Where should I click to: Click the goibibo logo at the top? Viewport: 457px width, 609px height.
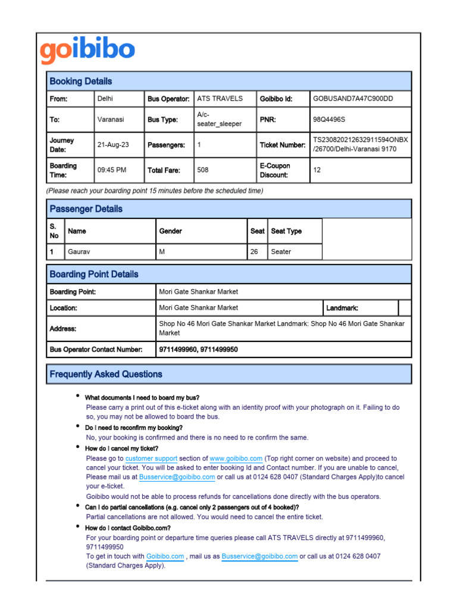[x=87, y=51]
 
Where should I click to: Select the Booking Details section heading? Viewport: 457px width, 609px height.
[x=80, y=81]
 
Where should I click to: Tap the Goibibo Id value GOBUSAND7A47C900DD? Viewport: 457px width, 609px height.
[x=353, y=99]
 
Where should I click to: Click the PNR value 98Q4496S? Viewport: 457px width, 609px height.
[x=328, y=120]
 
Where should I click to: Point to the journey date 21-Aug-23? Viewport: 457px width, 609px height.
[x=112, y=145]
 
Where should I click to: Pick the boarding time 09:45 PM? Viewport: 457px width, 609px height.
[x=112, y=170]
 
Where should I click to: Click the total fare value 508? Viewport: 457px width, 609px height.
[x=203, y=170]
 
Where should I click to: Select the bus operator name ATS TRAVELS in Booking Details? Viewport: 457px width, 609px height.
[x=220, y=99]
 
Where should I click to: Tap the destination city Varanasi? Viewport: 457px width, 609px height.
[x=111, y=120]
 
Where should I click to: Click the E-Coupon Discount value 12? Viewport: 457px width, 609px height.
[x=317, y=170]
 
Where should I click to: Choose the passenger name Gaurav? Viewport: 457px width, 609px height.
[x=80, y=252]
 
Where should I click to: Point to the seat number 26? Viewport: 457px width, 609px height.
[x=254, y=252]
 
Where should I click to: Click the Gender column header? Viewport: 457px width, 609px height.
[x=171, y=231]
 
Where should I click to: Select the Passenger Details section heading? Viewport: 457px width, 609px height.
[x=86, y=209]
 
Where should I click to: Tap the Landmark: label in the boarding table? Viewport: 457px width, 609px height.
[x=342, y=308]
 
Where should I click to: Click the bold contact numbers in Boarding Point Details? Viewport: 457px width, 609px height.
[x=198, y=350]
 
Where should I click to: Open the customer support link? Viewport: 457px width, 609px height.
[x=151, y=459]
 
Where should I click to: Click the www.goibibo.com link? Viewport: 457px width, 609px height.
[x=236, y=459]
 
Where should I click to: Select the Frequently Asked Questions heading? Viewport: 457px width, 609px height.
[x=105, y=374]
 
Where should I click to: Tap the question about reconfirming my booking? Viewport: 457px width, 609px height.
[x=134, y=428]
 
